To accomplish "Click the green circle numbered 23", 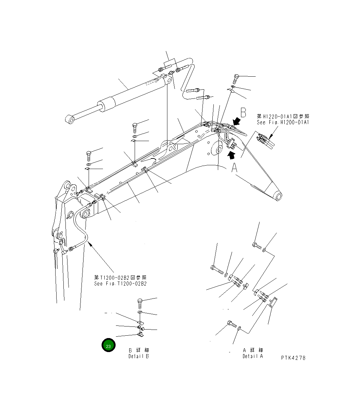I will tap(108, 346).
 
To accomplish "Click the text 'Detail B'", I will tap(138, 356).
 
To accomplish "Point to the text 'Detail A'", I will tap(253, 356).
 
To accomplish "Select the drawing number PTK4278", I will tap(293, 358).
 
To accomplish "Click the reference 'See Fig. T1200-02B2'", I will tap(120, 284).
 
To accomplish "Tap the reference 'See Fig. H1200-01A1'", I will tap(283, 122).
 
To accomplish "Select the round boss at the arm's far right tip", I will tap(277, 196).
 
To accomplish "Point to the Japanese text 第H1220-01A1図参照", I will tap(283, 116).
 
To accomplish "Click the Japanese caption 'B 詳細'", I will tap(139, 350).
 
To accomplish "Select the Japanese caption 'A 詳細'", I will tap(253, 350).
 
